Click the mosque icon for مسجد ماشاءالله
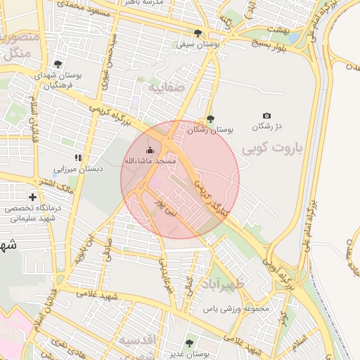(x=149, y=150)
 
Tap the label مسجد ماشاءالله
(x=150, y=161)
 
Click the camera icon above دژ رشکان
(x=266, y=116)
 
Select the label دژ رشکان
(x=266, y=127)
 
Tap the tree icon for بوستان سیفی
(x=199, y=32)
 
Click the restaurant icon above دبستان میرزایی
(x=78, y=157)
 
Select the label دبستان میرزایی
(x=79, y=169)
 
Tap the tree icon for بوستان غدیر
(x=188, y=344)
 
